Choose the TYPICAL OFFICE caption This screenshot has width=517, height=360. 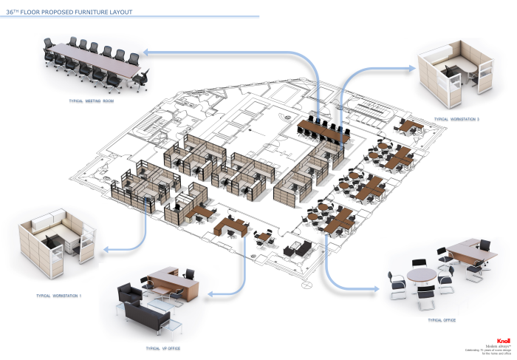pyautogui.click(x=441, y=320)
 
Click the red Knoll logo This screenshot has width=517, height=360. pyautogui.click(x=504, y=339)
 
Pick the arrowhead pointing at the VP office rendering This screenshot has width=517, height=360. pyautogui.click(x=211, y=293)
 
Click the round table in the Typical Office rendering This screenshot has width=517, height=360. pyautogui.click(x=422, y=274)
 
